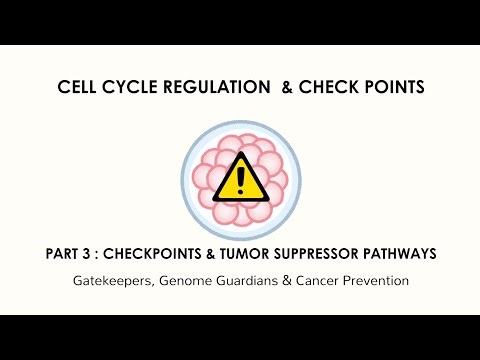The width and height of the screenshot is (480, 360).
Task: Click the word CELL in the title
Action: click(x=77, y=88)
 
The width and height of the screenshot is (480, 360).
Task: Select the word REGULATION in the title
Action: click(x=206, y=88)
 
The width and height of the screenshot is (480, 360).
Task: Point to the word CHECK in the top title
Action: click(x=330, y=88)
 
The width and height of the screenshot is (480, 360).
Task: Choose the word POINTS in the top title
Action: click(x=394, y=88)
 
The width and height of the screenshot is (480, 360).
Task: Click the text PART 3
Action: click(x=66, y=254)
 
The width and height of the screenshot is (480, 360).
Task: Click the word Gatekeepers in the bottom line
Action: click(x=109, y=281)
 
